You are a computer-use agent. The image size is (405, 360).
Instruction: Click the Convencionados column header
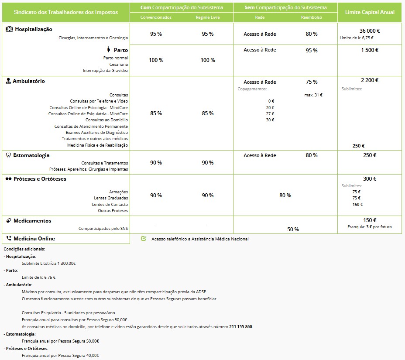[x=156, y=17]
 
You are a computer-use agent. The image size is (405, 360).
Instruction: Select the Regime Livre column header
[x=208, y=17]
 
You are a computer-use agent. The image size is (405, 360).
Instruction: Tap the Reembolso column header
[x=312, y=17]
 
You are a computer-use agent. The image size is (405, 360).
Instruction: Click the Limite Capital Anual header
[x=370, y=12]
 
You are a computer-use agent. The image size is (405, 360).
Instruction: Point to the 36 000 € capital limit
[x=370, y=31]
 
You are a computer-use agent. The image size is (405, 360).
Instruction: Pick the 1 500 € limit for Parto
[x=370, y=50]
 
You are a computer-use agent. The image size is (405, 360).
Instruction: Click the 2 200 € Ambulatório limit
[x=370, y=80]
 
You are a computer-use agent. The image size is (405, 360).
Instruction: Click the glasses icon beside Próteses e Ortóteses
[x=9, y=179]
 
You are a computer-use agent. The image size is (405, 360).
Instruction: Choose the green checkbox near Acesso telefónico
[x=144, y=239]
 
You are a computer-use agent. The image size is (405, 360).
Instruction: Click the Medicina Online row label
[x=34, y=239]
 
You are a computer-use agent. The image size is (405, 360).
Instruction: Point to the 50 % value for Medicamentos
[x=293, y=229]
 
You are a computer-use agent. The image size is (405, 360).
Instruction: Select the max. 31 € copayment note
[x=313, y=95]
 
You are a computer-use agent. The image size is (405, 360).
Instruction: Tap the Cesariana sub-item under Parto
[x=119, y=64]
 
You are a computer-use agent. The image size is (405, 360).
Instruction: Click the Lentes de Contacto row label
[x=110, y=205]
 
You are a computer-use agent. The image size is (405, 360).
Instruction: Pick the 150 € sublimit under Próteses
[x=358, y=204]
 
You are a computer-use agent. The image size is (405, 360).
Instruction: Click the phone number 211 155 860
[x=241, y=326]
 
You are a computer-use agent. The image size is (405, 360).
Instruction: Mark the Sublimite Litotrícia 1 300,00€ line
[x=48, y=263]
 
